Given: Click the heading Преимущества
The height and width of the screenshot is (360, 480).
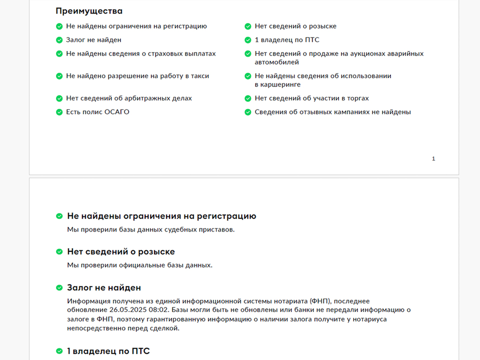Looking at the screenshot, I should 89,11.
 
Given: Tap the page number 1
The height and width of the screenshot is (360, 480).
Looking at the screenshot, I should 433,158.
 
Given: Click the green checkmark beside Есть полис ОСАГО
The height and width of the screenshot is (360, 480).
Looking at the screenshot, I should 59,112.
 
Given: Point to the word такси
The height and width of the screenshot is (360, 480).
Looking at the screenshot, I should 199,76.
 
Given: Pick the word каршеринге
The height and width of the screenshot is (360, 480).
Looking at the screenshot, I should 281,84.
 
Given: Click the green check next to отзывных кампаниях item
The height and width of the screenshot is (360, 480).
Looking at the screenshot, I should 248,112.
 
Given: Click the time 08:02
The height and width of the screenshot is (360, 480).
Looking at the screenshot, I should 158,309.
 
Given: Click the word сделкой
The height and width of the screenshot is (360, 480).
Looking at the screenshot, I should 164,328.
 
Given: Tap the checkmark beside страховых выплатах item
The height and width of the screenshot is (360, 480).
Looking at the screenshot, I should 59,53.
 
